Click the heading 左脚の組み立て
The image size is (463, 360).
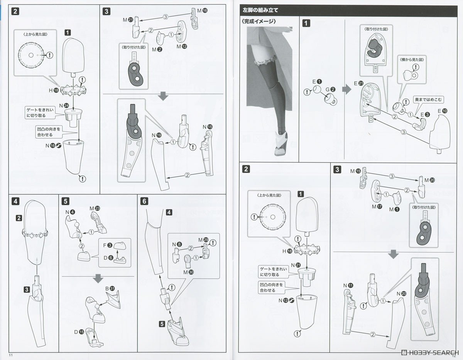[260, 10]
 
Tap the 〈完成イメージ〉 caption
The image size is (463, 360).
[259, 22]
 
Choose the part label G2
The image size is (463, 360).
[330, 89]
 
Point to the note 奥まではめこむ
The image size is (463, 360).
[426, 99]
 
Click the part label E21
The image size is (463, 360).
[358, 83]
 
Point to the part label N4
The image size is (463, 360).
[70, 212]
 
